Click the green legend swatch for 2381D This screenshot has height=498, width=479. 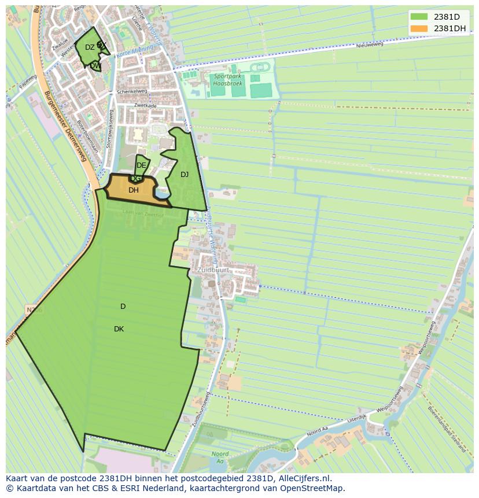point(419,17)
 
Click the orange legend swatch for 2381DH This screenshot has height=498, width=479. point(419,28)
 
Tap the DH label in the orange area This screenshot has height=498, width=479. point(134,190)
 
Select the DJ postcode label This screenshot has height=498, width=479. point(185,175)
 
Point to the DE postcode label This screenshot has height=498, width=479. point(141,165)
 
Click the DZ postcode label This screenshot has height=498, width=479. point(90,47)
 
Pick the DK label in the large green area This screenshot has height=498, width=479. point(119,329)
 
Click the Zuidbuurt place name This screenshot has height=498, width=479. point(213,270)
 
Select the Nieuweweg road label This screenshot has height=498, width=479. point(370,45)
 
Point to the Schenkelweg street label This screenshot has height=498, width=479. point(132,91)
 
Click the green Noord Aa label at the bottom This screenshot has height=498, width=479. point(220,458)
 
